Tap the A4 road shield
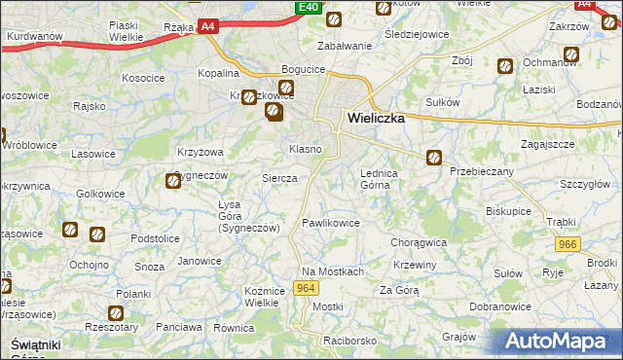[x=208, y=28]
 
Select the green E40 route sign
[x=309, y=8]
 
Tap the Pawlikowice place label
[x=331, y=223]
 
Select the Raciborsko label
[x=350, y=342]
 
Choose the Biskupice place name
[x=508, y=209]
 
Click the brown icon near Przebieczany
[x=434, y=156]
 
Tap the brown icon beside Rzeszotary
[x=116, y=313]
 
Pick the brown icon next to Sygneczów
[x=173, y=178]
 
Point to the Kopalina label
[x=218, y=73]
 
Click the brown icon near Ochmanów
[x=505, y=66]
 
